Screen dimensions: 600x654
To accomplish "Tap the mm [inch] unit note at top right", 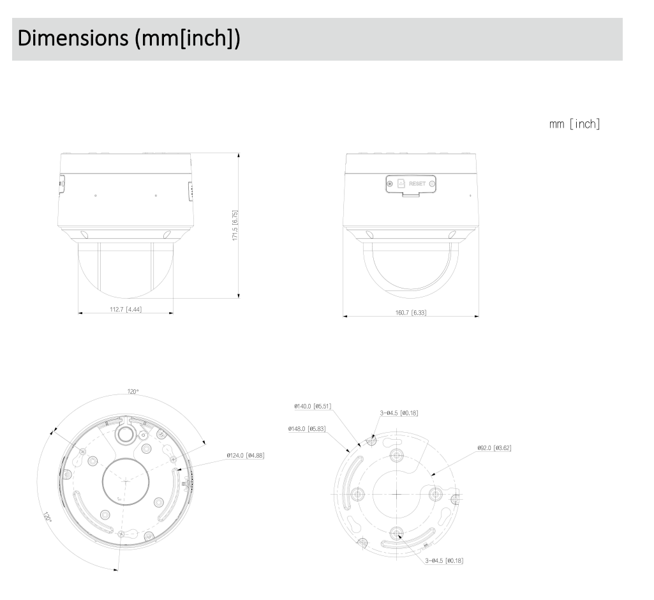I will [x=574, y=124].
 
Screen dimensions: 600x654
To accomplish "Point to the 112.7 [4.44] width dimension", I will [x=125, y=310].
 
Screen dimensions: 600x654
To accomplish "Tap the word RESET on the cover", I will [x=417, y=184].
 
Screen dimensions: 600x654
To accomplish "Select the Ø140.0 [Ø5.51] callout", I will [x=313, y=406].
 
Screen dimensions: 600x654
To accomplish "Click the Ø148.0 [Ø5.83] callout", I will [x=308, y=428].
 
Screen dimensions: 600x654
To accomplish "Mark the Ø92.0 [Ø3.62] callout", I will [x=494, y=448].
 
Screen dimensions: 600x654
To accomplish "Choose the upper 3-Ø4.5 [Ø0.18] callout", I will [x=399, y=414].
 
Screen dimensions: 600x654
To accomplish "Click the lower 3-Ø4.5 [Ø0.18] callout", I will [x=445, y=560].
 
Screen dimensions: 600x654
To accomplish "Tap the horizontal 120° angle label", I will [x=133, y=392].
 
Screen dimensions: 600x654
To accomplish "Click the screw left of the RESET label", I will [x=390, y=184].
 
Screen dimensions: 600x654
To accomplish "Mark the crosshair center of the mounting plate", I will [x=396, y=494].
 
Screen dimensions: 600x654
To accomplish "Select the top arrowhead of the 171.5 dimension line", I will [x=239, y=156].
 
